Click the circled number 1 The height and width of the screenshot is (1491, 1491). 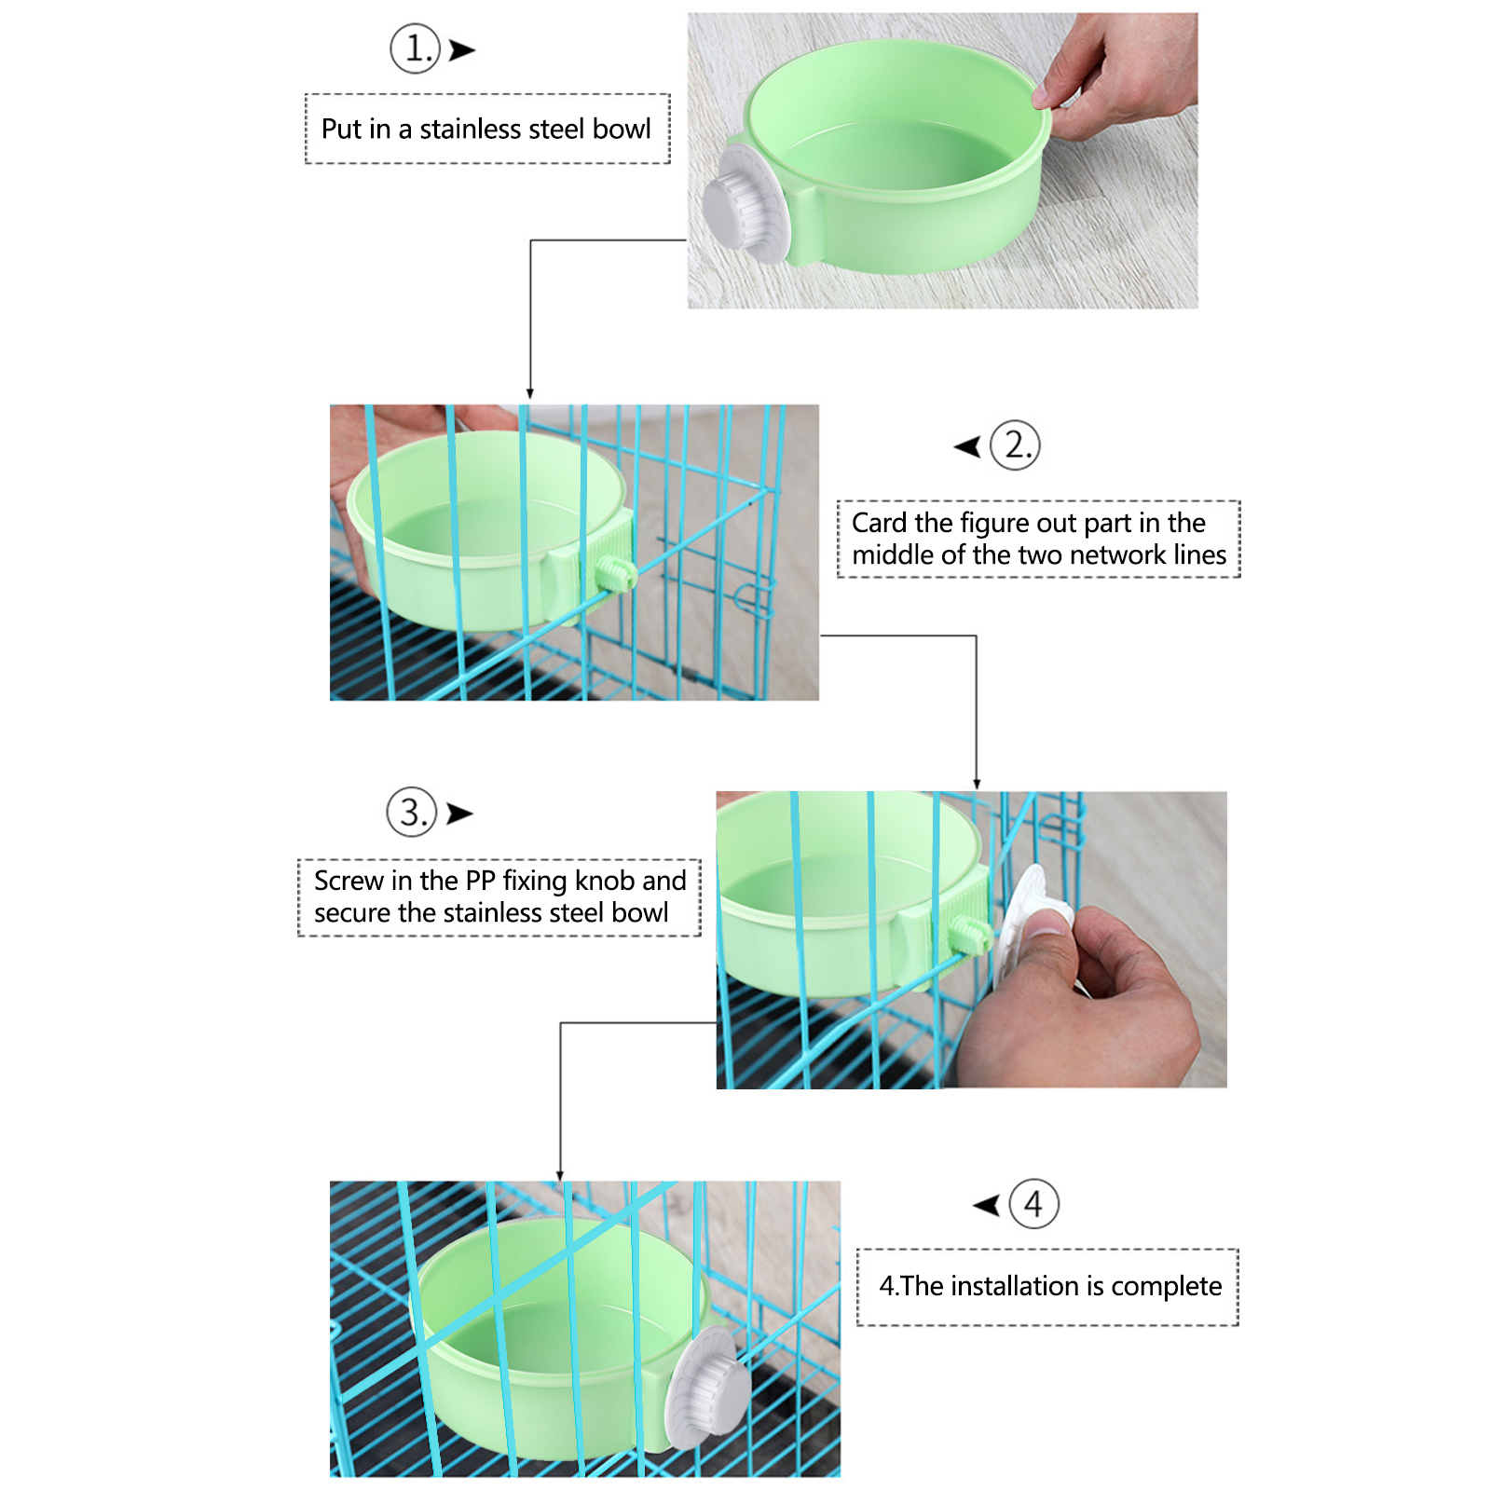pyautogui.click(x=415, y=48)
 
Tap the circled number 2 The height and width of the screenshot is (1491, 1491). pyautogui.click(x=1015, y=445)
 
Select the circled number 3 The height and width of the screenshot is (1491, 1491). pyautogui.click(x=412, y=812)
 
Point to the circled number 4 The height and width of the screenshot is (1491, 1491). pyautogui.click(x=1034, y=1204)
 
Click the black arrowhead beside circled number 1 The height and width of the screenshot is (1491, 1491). pyautogui.click(x=462, y=50)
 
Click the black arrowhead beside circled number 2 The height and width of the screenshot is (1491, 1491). pyautogui.click(x=967, y=447)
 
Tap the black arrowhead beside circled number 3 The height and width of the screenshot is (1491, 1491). pyautogui.click(x=459, y=814)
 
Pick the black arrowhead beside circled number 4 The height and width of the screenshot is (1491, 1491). pyautogui.click(x=986, y=1206)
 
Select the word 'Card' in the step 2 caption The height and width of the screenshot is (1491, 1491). pyautogui.click(x=880, y=523)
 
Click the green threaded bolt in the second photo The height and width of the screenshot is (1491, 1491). pyautogui.click(x=616, y=572)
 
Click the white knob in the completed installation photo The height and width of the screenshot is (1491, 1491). pyautogui.click(x=705, y=1388)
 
